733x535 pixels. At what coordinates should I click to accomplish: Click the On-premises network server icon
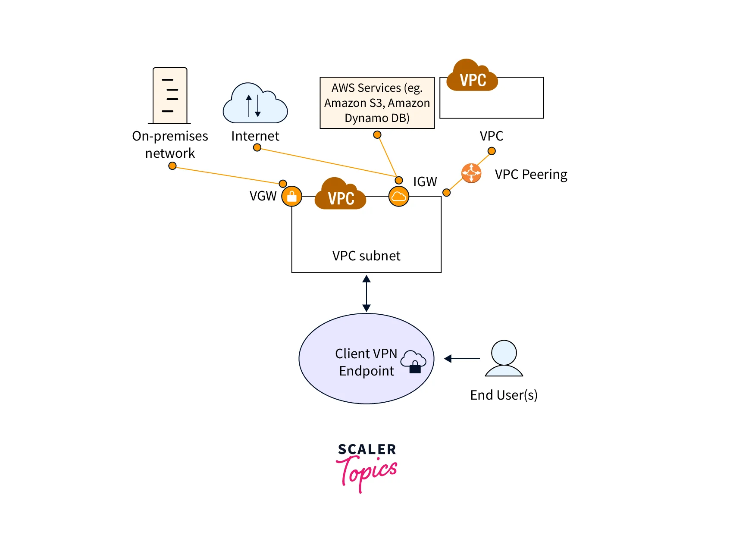(x=170, y=95)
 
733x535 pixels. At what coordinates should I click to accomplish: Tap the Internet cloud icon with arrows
(x=255, y=104)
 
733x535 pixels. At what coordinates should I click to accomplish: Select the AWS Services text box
(x=377, y=103)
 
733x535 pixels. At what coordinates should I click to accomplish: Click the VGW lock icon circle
(x=291, y=197)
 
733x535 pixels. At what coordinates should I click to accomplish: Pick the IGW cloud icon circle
(x=398, y=197)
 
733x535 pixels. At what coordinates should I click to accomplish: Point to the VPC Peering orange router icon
(x=471, y=173)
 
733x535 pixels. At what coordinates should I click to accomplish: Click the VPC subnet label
(x=366, y=256)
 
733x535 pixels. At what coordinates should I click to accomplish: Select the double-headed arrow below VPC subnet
(x=366, y=294)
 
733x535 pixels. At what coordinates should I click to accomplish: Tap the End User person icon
(x=504, y=358)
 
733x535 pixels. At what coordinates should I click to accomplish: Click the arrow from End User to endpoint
(x=462, y=358)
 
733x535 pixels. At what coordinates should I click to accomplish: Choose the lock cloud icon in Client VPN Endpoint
(x=413, y=361)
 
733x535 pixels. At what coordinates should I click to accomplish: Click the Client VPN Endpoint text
(x=366, y=362)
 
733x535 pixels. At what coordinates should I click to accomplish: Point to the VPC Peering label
(x=531, y=174)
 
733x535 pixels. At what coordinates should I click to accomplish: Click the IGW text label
(x=425, y=181)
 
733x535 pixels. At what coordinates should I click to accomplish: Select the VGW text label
(x=263, y=196)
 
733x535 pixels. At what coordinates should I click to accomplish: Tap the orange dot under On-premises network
(x=172, y=166)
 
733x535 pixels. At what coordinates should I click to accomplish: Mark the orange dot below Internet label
(x=257, y=147)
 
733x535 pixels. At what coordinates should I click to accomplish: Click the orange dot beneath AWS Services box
(x=377, y=135)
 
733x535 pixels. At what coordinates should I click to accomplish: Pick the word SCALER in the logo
(x=366, y=449)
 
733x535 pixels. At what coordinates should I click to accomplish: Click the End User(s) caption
(x=504, y=395)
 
